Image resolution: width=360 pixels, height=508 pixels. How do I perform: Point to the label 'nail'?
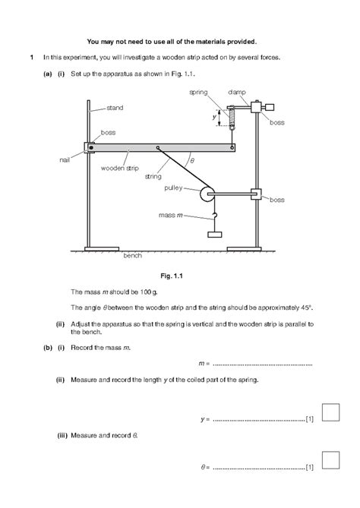pos(65,160)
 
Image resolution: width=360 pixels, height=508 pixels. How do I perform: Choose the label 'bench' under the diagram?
pos(132,257)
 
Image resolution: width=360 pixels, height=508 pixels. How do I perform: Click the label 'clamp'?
pos(236,92)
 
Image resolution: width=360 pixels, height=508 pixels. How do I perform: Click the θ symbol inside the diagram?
pos(192,161)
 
